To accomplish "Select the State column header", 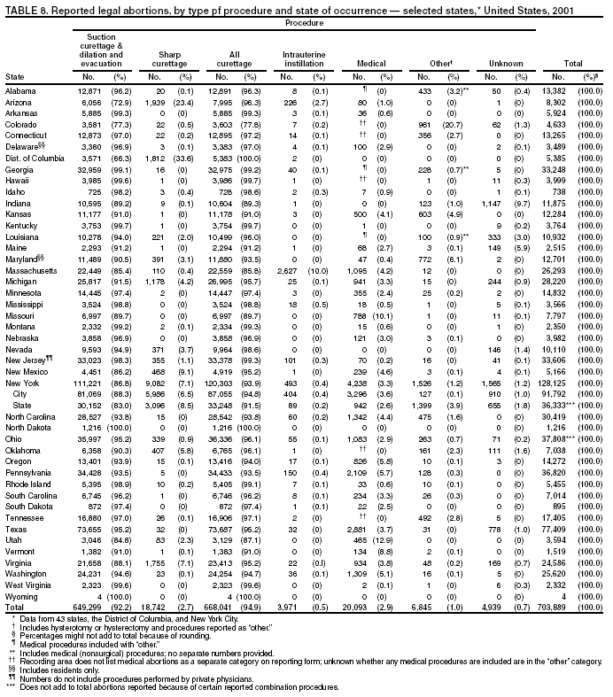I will tap(14, 77).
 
